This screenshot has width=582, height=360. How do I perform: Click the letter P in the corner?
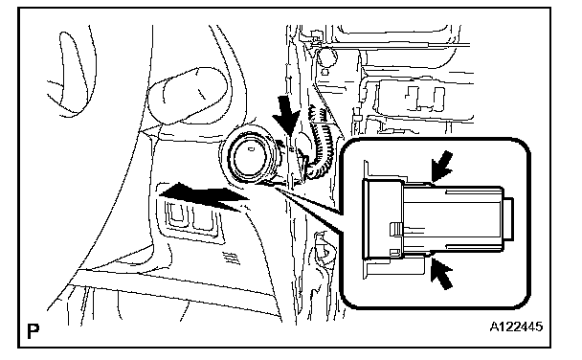(x=34, y=331)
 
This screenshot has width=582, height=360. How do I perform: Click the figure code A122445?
(x=516, y=327)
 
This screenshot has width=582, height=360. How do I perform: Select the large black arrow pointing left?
(x=203, y=195)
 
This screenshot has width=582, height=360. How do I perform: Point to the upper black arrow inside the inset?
(x=442, y=166)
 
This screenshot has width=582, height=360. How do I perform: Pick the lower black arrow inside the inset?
(x=442, y=274)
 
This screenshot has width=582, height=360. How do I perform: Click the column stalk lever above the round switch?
(x=188, y=95)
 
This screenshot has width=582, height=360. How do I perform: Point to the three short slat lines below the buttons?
(x=232, y=257)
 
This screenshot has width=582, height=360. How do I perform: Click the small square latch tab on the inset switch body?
(x=395, y=229)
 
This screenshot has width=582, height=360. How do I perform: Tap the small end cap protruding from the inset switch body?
(x=508, y=218)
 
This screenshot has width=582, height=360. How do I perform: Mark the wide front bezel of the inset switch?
(x=382, y=219)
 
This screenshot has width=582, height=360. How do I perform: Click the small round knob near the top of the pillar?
(x=327, y=56)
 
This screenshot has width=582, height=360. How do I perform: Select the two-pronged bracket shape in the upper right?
(x=425, y=99)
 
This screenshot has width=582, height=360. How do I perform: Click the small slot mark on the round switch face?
(x=251, y=149)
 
